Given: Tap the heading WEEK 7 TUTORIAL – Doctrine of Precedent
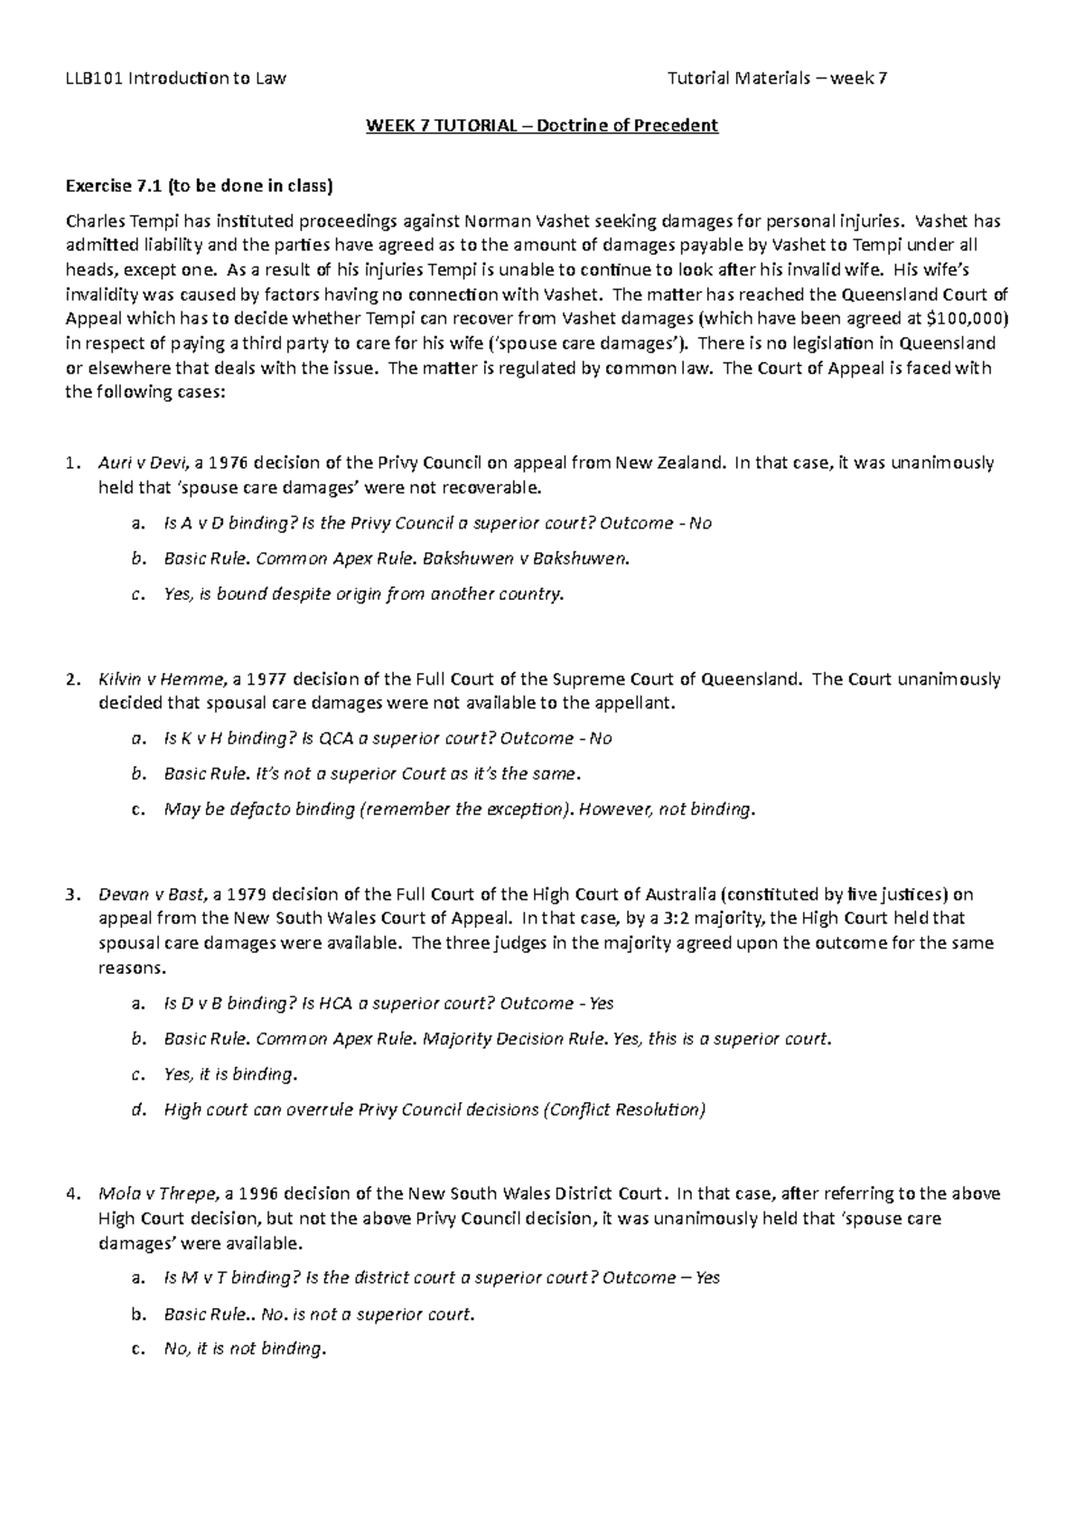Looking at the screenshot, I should click(541, 126).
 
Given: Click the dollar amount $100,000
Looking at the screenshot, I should click(961, 318).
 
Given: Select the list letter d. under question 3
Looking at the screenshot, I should click(137, 1109).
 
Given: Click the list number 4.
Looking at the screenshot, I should click(72, 1193).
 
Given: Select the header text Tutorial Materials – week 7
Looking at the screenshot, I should click(777, 78).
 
